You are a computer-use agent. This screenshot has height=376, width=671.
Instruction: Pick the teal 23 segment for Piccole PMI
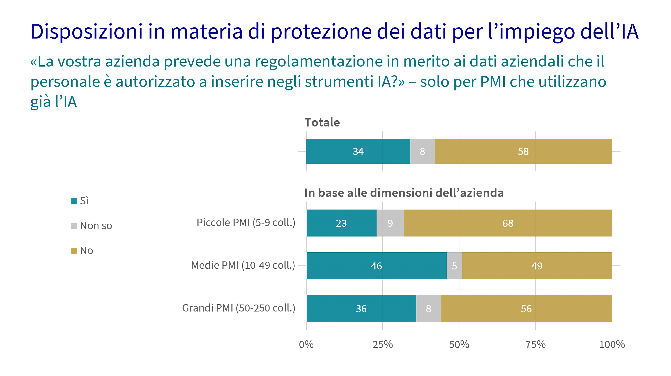click(341, 223)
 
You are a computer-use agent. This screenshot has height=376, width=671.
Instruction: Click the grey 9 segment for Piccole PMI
click(390, 223)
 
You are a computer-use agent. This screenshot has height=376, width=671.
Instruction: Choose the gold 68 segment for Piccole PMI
click(508, 223)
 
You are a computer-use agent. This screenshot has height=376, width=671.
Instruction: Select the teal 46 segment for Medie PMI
click(376, 266)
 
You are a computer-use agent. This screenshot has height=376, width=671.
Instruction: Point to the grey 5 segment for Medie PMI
click(454, 266)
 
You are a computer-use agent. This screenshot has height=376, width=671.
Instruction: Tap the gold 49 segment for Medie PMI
click(537, 266)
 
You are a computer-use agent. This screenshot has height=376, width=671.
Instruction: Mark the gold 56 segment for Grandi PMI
click(526, 309)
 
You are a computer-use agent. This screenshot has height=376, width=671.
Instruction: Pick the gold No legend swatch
click(74, 251)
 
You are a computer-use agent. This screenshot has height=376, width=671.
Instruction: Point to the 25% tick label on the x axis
click(382, 345)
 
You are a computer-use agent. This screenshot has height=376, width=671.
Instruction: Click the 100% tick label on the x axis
click(612, 345)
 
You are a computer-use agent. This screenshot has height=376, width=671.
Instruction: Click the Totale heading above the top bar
click(322, 122)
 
